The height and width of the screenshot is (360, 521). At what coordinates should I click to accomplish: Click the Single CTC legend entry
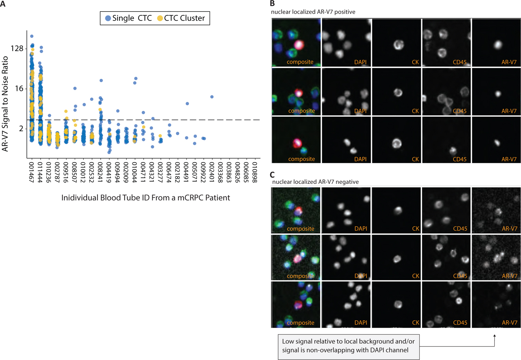[129, 18]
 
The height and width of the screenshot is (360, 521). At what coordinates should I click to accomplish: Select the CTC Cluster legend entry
[181, 18]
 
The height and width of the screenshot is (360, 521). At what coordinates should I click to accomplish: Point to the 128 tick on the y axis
[17, 48]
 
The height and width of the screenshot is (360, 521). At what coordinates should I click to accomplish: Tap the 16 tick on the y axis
[19, 89]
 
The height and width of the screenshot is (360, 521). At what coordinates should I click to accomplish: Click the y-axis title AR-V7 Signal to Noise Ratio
[5, 104]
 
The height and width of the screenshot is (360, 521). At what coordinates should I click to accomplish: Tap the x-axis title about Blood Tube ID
[146, 198]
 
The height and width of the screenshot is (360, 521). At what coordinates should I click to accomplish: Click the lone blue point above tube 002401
[212, 97]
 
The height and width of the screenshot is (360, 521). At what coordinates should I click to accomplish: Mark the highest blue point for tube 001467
[32, 36]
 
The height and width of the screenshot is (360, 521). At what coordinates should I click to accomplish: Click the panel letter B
[272, 3]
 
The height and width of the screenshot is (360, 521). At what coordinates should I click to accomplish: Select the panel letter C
[272, 174]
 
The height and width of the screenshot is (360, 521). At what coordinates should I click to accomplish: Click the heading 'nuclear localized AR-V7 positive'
[313, 12]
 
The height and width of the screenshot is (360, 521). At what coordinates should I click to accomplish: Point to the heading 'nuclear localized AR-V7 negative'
[315, 182]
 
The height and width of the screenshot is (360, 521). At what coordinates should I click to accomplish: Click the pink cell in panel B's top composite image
[299, 44]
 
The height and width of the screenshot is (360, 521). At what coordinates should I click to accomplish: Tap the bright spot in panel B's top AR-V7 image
[498, 44]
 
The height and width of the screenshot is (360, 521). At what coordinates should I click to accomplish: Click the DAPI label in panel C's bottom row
[361, 322]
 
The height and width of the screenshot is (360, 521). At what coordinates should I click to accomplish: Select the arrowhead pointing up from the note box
[494, 336]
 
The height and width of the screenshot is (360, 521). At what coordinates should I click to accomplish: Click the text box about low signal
[348, 346]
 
